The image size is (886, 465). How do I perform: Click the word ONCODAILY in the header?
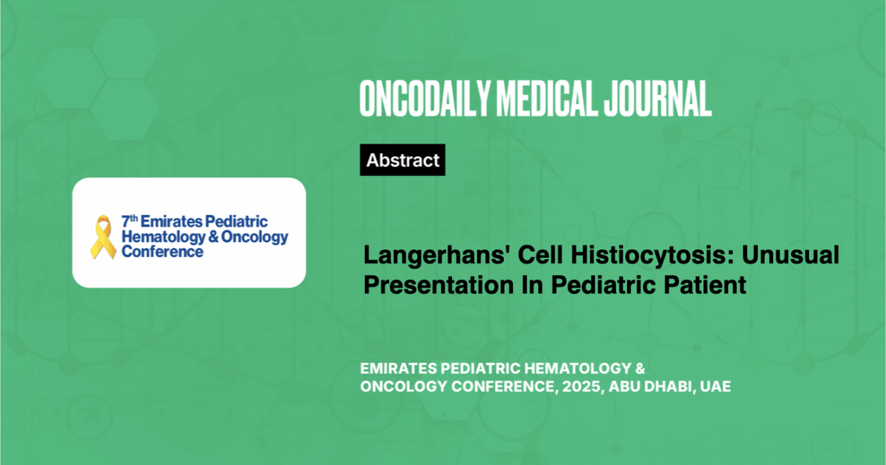point(425,98)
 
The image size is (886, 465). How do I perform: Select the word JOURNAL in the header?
point(658,98)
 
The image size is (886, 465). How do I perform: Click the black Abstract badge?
point(403,159)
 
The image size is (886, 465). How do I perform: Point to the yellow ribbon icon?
point(103,237)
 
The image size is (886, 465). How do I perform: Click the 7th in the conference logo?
point(129,221)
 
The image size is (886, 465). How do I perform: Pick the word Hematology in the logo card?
point(163,237)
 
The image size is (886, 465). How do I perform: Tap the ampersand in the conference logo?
point(213,237)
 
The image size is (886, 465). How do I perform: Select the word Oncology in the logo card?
point(255,237)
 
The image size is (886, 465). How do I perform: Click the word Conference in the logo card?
point(162,252)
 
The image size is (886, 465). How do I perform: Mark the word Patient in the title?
point(705,285)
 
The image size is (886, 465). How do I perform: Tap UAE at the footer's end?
point(716,386)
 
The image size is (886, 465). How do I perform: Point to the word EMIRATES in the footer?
point(398,369)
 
